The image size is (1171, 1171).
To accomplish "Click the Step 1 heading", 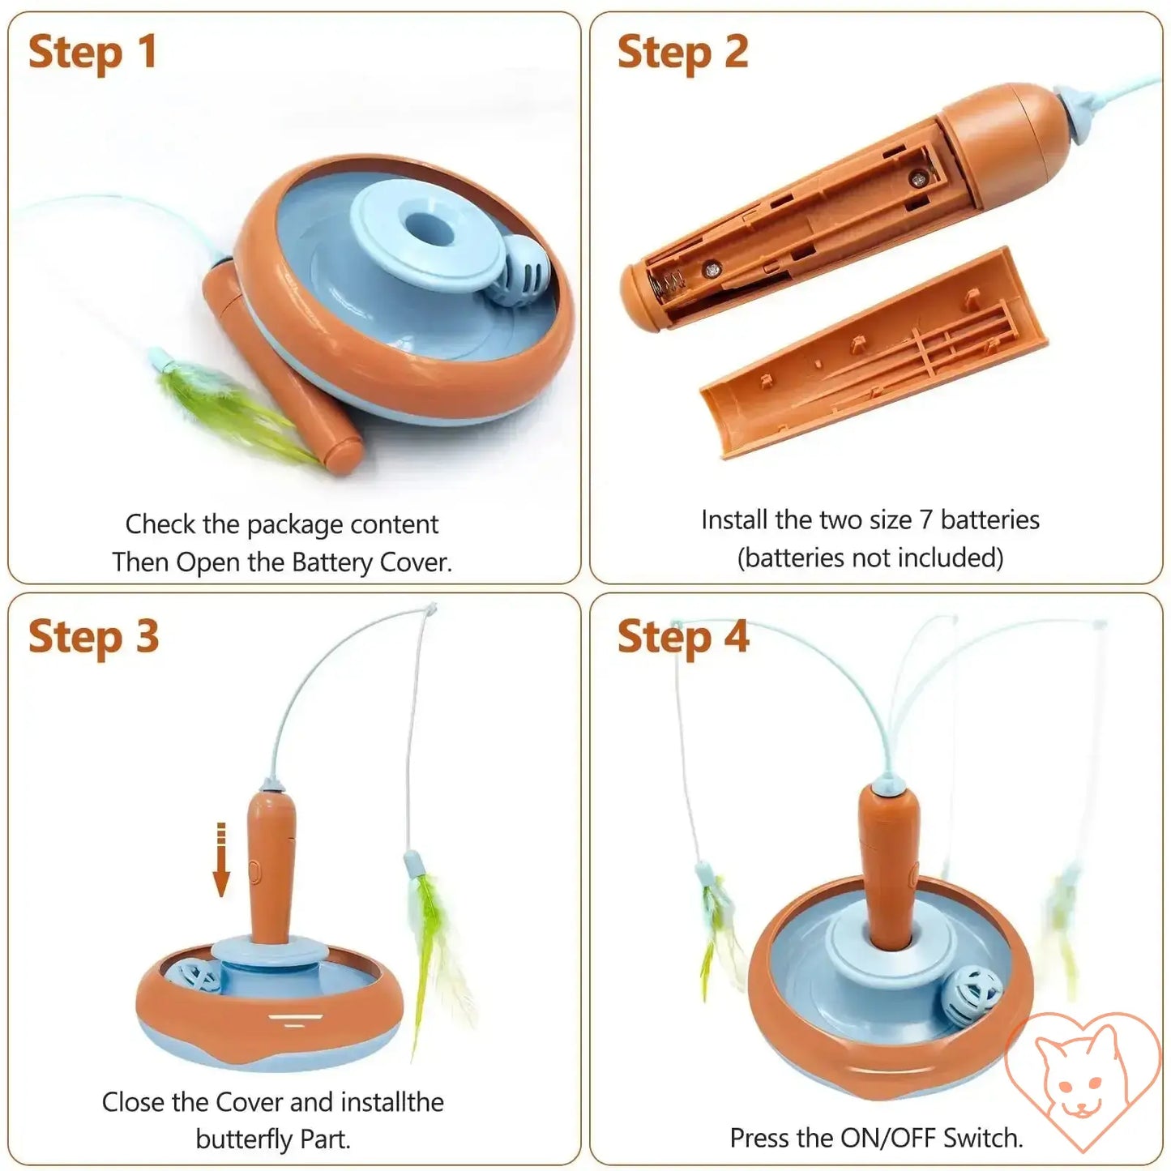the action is tap(93, 53).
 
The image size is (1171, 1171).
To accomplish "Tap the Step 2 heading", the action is tap(682, 53).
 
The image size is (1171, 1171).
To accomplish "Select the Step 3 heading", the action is tap(93, 638).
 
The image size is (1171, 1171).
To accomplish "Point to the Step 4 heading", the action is tap(683, 638).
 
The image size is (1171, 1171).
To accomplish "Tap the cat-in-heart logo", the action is tap(1083, 1080).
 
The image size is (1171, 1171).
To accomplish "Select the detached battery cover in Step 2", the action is tap(873, 353).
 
